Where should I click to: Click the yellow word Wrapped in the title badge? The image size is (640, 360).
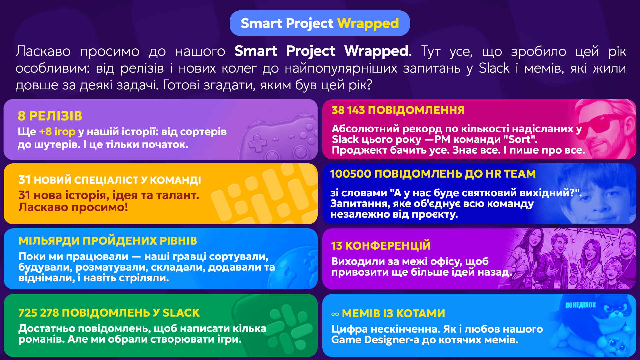(x=368, y=23)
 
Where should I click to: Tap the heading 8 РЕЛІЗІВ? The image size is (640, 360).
(x=50, y=116)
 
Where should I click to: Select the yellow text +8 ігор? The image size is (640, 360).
(x=57, y=131)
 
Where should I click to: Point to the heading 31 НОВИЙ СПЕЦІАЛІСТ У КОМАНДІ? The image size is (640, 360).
(x=110, y=180)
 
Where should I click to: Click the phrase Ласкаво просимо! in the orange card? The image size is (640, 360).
(x=73, y=207)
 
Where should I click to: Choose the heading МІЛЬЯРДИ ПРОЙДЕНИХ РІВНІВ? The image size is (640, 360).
(x=108, y=241)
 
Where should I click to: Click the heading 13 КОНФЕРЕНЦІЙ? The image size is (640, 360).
(x=381, y=246)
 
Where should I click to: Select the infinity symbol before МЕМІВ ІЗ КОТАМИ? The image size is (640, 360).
(x=335, y=314)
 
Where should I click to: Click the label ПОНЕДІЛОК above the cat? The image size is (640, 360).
(x=580, y=305)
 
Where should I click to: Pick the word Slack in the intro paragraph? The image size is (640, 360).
(x=494, y=68)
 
